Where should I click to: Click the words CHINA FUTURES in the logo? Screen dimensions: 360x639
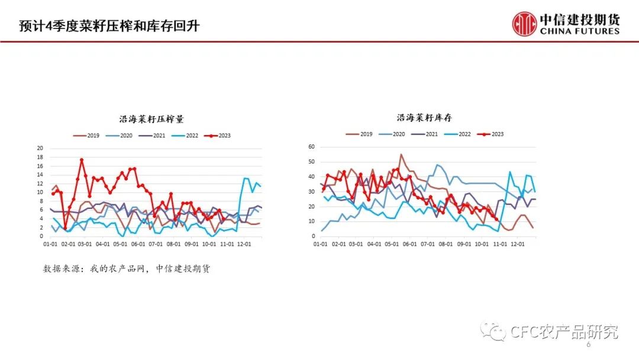pos(579,31)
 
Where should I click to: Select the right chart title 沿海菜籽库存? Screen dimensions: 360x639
pos(425,118)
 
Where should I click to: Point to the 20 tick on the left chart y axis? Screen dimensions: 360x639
pos(40,148)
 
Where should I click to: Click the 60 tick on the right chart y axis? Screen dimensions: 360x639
pos(311,146)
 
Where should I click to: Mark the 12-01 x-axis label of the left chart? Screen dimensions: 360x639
pos(243,243)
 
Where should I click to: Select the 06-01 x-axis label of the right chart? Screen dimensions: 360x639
pos(409,243)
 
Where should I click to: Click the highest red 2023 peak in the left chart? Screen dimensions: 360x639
pos(82,160)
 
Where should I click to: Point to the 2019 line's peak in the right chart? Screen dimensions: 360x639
pos(401,155)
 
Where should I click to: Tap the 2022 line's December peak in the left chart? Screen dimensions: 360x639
pos(246,178)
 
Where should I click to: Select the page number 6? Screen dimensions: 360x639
pos(588,345)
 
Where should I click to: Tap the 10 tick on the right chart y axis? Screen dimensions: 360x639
pos(311,221)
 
